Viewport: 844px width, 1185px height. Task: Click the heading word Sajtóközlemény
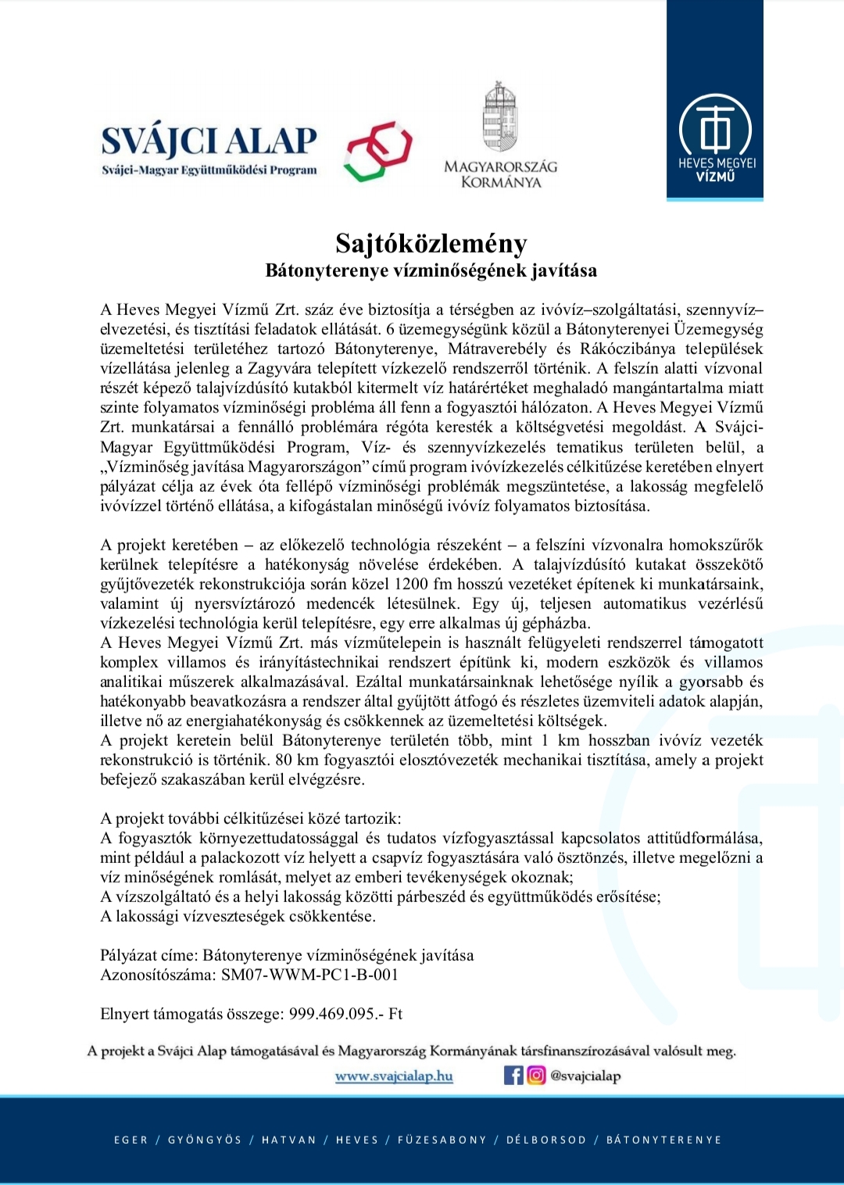[431, 243]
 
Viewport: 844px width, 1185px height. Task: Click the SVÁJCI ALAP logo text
[209, 142]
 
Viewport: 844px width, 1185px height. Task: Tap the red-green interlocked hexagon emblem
[378, 151]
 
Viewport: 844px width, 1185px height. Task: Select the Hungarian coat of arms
[500, 117]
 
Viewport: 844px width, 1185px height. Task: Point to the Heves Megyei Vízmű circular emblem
[716, 127]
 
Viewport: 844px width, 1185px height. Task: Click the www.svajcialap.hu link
[394, 1076]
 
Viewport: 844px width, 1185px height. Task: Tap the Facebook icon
[513, 1076]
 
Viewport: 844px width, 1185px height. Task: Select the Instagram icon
[536, 1076]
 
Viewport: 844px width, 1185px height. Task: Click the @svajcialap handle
[585, 1076]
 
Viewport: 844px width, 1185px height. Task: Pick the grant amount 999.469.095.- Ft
[345, 1014]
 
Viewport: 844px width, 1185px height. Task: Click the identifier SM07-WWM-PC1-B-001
[309, 975]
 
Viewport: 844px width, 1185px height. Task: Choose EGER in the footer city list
[131, 1140]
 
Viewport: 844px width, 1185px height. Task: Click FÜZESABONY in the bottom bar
[442, 1140]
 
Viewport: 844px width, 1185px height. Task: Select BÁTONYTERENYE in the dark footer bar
[663, 1140]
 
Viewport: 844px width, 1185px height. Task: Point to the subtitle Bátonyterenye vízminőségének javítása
[431, 270]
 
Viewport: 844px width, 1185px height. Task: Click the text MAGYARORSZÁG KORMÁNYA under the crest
[501, 174]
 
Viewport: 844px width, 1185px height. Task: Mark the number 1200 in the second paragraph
[411, 584]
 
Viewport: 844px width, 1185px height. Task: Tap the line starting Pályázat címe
[287, 955]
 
